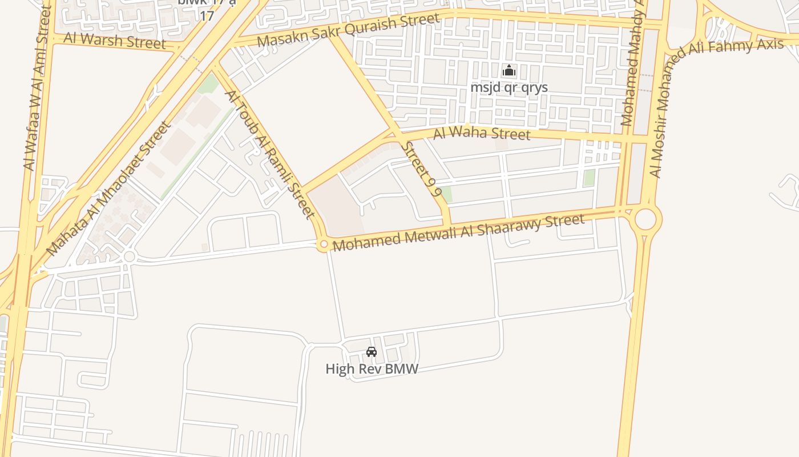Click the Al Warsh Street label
tap(115, 41)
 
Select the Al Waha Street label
tap(482, 134)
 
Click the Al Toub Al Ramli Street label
tap(271, 154)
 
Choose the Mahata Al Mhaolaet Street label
tap(108, 189)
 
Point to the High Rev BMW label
tap(372, 369)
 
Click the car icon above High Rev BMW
tap(372, 352)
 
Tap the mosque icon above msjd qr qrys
tap(509, 71)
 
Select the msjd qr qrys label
tap(509, 87)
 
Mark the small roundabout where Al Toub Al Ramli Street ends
tap(324, 245)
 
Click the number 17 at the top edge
tap(207, 15)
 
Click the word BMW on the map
tap(402, 369)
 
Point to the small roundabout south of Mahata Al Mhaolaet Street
tap(129, 256)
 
